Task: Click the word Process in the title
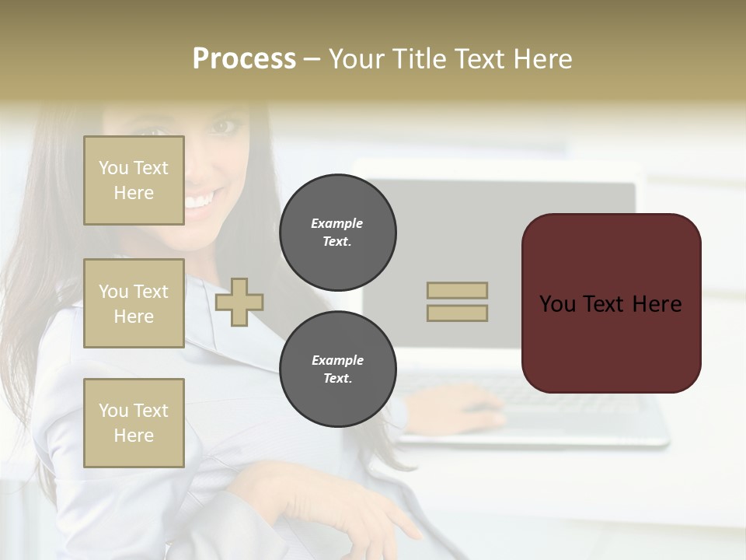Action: click(244, 59)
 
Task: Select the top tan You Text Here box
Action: click(134, 180)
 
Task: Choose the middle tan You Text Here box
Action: click(134, 303)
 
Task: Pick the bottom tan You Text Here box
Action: click(134, 422)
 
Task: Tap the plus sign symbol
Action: click(239, 302)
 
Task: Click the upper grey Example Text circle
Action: click(337, 233)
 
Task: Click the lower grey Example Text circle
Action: click(337, 369)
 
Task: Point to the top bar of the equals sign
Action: click(457, 291)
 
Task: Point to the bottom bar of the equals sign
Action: click(457, 313)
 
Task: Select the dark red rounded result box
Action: click(611, 303)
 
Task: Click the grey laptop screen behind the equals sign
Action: click(544, 233)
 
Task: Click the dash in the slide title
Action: click(312, 59)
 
